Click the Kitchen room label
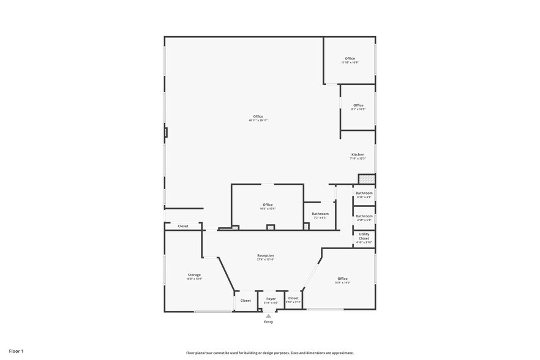(358, 154)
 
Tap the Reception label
(266, 255)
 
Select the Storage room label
(194, 275)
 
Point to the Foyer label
(271, 299)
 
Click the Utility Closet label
(364, 236)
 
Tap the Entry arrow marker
(268, 316)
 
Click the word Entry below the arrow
(268, 322)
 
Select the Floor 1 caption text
(17, 351)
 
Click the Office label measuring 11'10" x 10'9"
(350, 58)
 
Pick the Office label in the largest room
(258, 116)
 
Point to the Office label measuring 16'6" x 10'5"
(268, 204)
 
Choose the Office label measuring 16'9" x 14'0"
(342, 279)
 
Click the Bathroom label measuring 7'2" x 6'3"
(320, 214)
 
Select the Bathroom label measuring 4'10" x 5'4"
(364, 216)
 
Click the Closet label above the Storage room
(183, 226)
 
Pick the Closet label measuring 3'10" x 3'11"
(293, 298)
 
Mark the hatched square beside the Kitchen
(366, 179)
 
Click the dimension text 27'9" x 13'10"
(266, 260)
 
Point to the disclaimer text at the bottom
(269, 353)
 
